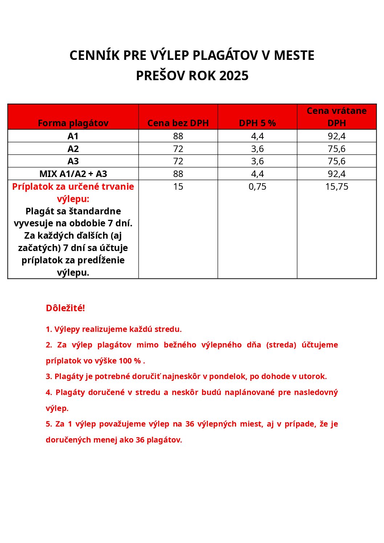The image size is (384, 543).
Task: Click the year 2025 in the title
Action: point(234,76)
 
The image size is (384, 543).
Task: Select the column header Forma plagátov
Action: point(73,123)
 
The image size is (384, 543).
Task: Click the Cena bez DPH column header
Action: point(178,123)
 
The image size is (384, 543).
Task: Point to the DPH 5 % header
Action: point(257,123)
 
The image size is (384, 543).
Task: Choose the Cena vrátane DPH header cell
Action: point(336,117)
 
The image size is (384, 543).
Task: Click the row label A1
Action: point(73,136)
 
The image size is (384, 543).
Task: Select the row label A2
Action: point(73,149)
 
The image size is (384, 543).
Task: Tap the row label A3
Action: point(73,161)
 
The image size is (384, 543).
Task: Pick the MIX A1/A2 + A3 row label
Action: point(73,174)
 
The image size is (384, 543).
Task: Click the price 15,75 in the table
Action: point(336,186)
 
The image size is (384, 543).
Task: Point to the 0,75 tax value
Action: point(257,186)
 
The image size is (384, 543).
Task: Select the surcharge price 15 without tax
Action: point(178,186)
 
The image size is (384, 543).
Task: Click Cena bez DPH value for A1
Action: point(178,136)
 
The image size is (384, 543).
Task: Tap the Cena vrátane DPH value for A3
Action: point(336,161)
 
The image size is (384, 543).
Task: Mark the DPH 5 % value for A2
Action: point(257,149)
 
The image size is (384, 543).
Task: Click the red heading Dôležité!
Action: point(65,308)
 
